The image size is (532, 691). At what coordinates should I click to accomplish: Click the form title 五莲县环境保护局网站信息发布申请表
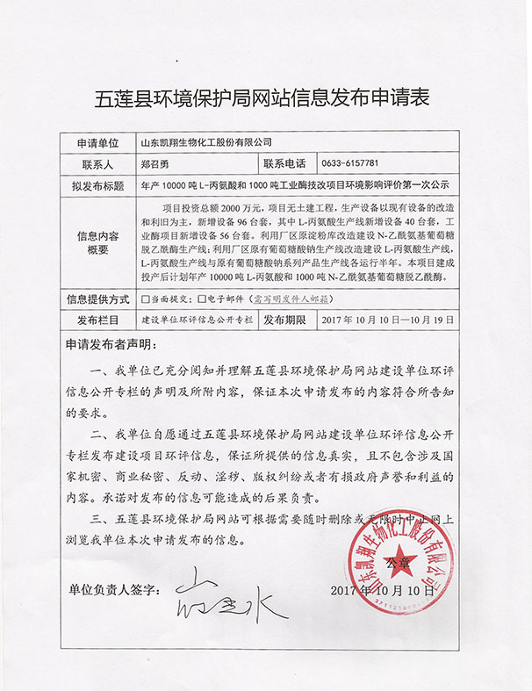point(266,97)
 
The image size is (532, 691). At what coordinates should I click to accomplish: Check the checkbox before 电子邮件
point(203,299)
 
